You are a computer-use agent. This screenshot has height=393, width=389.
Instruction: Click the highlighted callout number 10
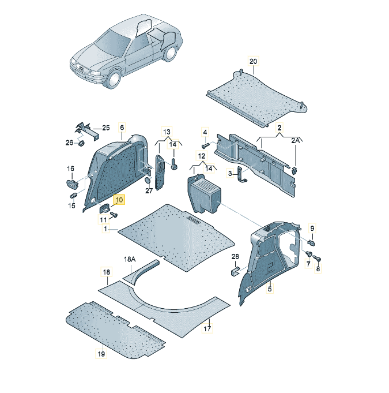click(119, 200)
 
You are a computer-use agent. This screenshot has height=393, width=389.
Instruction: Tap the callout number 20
click(253, 61)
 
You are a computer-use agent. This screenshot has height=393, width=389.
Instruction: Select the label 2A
click(296, 141)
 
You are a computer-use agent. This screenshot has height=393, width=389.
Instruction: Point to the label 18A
click(130, 259)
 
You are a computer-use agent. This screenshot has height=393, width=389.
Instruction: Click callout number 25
click(106, 128)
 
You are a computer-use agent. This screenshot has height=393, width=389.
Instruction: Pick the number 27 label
click(149, 191)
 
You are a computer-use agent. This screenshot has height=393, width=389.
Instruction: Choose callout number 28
click(235, 256)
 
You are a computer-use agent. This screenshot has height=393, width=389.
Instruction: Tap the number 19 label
click(101, 354)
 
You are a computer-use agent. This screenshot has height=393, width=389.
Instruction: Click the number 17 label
click(207, 328)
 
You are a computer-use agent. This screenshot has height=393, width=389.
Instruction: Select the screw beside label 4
click(205, 145)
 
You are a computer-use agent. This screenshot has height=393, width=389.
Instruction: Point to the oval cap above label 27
click(148, 181)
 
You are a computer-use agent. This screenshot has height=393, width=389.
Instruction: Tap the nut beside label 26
click(81, 144)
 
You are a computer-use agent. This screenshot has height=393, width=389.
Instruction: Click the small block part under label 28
click(235, 271)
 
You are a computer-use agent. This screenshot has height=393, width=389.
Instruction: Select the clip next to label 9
click(311, 242)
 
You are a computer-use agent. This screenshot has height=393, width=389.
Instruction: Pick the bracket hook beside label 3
click(241, 174)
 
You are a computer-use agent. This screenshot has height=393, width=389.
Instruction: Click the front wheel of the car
click(114, 79)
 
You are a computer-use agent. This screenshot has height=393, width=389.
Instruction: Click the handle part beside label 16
click(72, 184)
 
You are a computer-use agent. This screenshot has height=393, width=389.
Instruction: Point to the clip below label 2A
click(294, 171)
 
